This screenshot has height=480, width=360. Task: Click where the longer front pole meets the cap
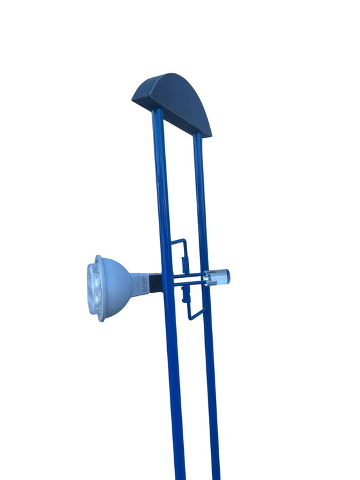point(156,112)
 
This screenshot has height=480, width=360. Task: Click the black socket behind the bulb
point(155,283)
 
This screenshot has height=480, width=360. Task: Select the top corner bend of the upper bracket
point(185,240)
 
